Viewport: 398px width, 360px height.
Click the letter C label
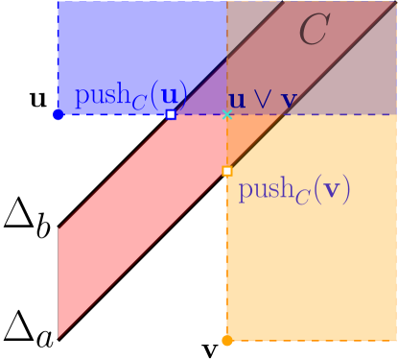click(x=314, y=31)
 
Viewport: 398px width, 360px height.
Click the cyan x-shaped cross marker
click(x=227, y=114)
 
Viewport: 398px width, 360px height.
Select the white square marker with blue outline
click(x=171, y=114)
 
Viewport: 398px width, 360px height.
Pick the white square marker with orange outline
click(x=226, y=171)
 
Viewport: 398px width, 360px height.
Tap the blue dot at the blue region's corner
click(x=58, y=115)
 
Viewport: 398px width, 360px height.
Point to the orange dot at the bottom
click(x=226, y=340)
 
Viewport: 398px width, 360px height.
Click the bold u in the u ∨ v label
click(x=235, y=99)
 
